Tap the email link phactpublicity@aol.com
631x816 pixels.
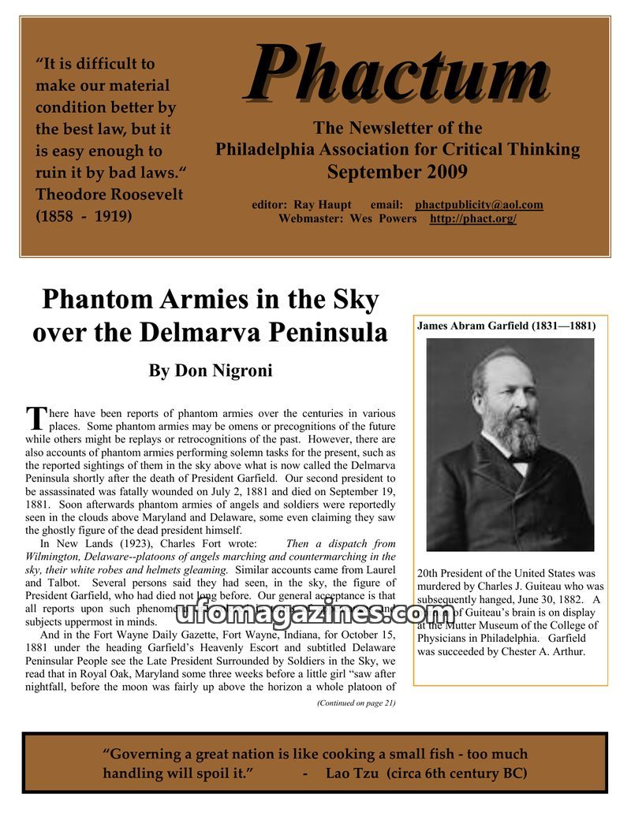[479, 205]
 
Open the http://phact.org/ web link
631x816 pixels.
[472, 218]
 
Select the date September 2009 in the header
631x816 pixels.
[397, 171]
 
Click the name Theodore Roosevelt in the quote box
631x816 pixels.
[110, 195]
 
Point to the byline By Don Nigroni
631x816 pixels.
[211, 371]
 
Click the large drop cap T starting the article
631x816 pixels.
[35, 419]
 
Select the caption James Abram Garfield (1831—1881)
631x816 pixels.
[506, 325]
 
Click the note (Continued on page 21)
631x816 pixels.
[356, 703]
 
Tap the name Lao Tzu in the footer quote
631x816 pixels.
[353, 773]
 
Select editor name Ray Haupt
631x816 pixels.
[321, 205]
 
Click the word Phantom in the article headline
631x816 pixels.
[93, 300]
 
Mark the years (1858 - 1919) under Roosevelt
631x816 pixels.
[84, 216]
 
